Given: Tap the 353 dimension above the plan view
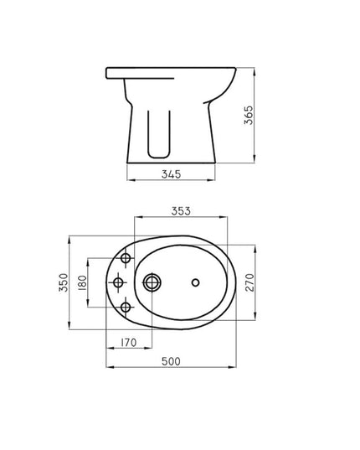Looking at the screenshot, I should click(x=181, y=212).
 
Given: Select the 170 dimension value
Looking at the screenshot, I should click(x=128, y=342).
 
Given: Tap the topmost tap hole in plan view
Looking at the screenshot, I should click(x=126, y=256).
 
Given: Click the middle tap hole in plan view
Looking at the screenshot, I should click(x=118, y=282).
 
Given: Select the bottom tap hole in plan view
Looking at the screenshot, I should click(x=126, y=307).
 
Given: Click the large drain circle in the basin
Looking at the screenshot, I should click(x=153, y=282).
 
